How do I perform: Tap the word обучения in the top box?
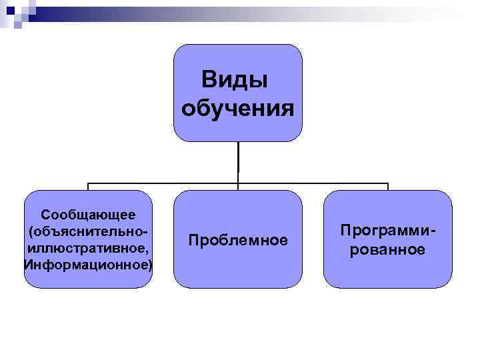(x=237, y=106)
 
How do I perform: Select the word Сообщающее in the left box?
(x=88, y=215)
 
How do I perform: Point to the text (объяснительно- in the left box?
(x=88, y=231)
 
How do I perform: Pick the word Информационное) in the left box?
(x=88, y=265)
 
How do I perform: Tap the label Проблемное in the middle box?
(x=238, y=239)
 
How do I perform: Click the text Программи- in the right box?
(x=388, y=231)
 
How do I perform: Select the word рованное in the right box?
(x=388, y=249)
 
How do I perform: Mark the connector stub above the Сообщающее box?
(x=88, y=187)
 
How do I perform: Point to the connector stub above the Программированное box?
(x=388, y=187)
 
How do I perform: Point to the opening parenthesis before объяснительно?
(x=31, y=232)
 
